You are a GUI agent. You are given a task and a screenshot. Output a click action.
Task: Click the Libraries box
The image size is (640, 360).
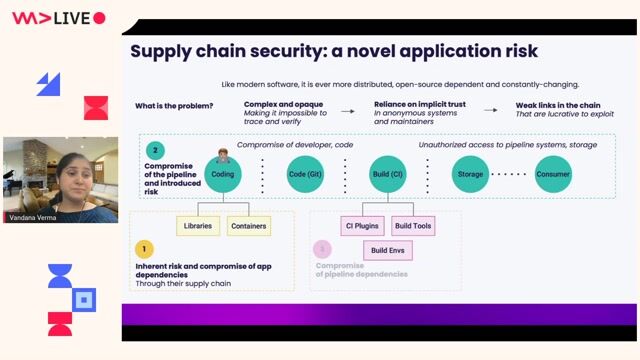coord(197,226)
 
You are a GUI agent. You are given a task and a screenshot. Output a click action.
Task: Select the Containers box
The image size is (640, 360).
coord(248,226)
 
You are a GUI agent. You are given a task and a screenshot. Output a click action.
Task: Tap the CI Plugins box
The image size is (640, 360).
coord(361,226)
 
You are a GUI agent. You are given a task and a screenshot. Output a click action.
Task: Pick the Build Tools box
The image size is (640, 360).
coord(412,226)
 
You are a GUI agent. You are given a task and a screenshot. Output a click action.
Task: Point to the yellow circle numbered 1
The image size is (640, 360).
coord(144,249)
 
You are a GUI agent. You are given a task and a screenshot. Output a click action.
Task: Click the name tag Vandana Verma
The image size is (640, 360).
coord(33,216)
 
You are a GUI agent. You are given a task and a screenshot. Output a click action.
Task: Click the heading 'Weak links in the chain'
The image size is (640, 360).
coord(557,105)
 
